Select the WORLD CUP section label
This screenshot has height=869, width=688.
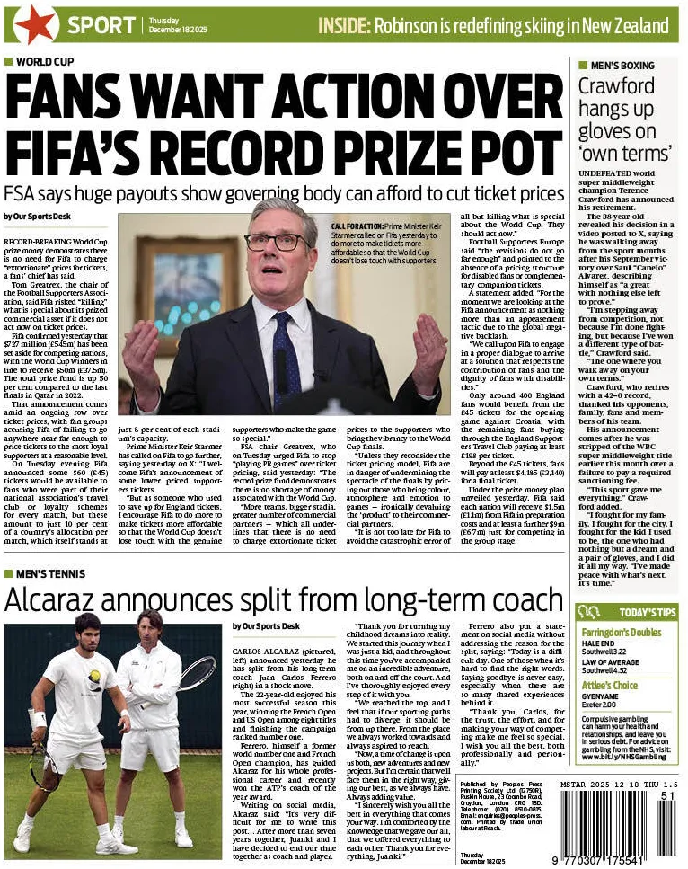40,62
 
